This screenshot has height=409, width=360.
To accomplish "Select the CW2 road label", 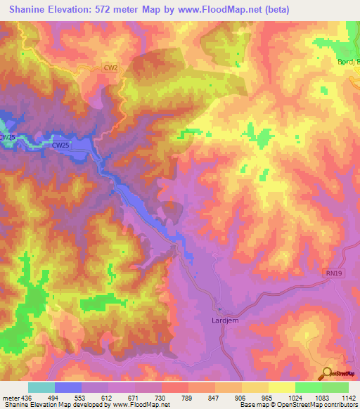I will [110, 68].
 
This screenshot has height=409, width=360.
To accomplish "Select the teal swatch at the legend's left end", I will [41, 387].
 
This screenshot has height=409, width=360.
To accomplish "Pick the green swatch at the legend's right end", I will [335, 387].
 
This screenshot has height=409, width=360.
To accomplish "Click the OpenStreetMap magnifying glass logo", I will [327, 372].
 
